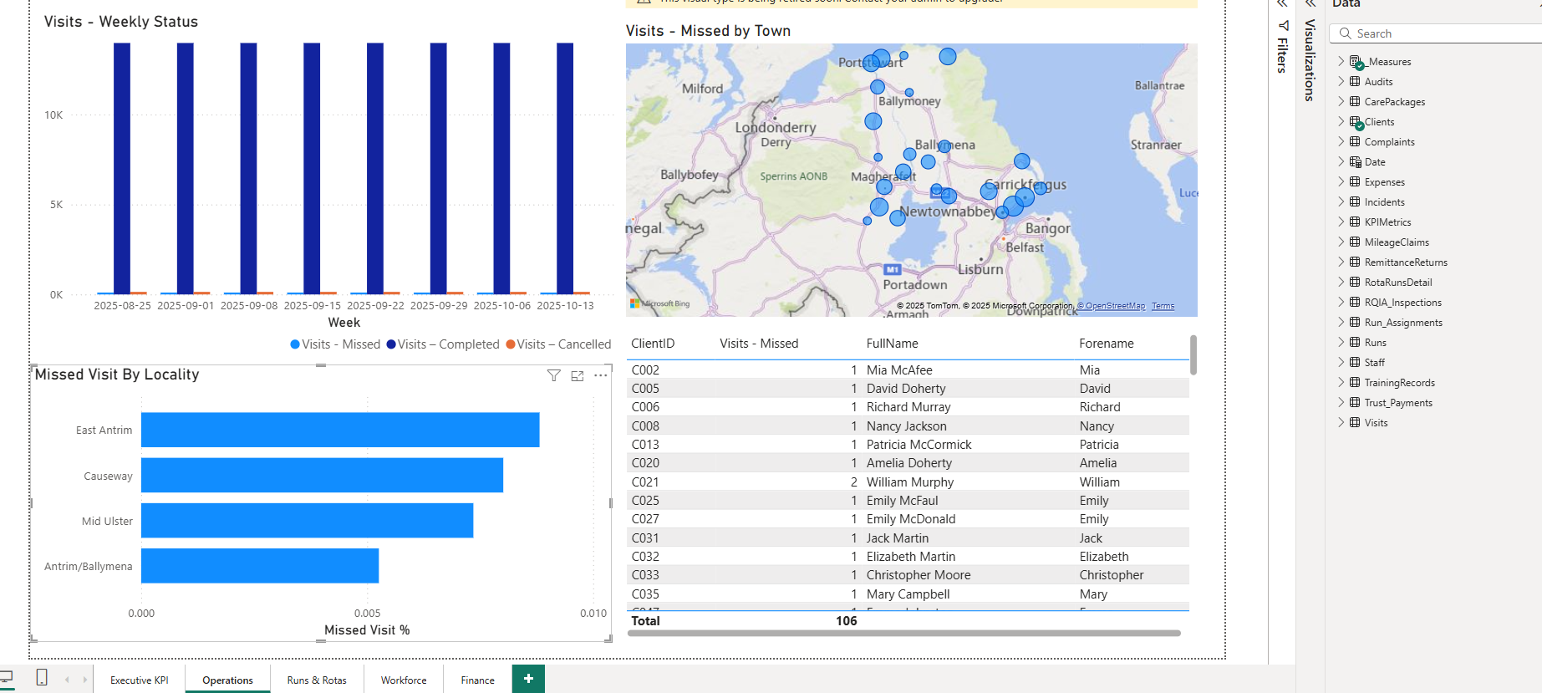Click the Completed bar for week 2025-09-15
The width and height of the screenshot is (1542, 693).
pyautogui.click(x=312, y=167)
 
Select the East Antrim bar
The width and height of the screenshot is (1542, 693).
pyautogui.click(x=339, y=430)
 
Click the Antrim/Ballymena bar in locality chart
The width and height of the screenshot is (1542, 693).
pyautogui.click(x=259, y=566)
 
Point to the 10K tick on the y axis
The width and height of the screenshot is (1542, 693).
pyautogui.click(x=53, y=115)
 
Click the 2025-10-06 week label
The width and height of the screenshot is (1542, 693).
pyautogui.click(x=501, y=306)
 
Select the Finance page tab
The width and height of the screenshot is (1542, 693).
pyautogui.click(x=477, y=680)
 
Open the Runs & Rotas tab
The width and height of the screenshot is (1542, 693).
pyautogui.click(x=317, y=680)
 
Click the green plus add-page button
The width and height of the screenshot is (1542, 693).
pyautogui.click(x=528, y=679)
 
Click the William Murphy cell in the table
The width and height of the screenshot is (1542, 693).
pyautogui.click(x=909, y=482)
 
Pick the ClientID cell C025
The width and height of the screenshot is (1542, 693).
pyautogui.click(x=645, y=501)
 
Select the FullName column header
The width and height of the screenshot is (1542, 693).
pyautogui.click(x=892, y=344)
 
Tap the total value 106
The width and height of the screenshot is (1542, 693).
pyautogui.click(x=846, y=620)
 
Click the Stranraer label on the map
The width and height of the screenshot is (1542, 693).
pyautogui.click(x=1155, y=145)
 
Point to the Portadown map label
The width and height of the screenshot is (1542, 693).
pyautogui.click(x=915, y=285)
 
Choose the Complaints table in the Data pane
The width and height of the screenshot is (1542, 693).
pyautogui.click(x=1389, y=142)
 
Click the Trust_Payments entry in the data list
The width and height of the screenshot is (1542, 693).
pyautogui.click(x=1397, y=403)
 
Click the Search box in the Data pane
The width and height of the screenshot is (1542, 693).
pyautogui.click(x=1438, y=33)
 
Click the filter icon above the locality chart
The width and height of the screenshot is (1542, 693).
pyautogui.click(x=553, y=376)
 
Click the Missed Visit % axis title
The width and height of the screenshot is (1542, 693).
pyautogui.click(x=367, y=630)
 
